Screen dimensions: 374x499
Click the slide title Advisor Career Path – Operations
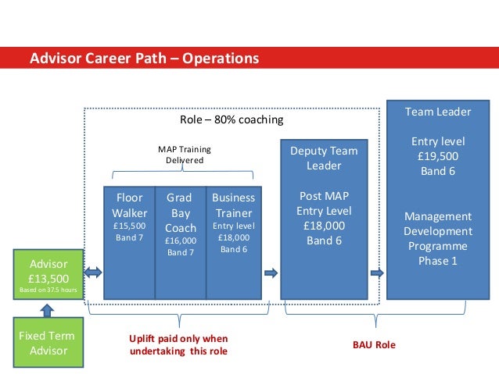pyautogui.click(x=143, y=59)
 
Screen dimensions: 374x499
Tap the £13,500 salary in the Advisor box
pyautogui.click(x=48, y=277)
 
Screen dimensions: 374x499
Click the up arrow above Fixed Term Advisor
pyautogui.click(x=48, y=310)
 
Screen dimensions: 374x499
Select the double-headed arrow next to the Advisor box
pyautogui.click(x=93, y=272)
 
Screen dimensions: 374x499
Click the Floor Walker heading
pyautogui.click(x=129, y=205)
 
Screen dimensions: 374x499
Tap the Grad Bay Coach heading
pyautogui.click(x=181, y=212)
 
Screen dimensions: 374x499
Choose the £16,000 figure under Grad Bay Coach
pyautogui.click(x=181, y=240)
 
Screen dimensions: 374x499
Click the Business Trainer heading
pyautogui.click(x=233, y=205)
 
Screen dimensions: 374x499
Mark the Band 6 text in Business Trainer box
pyautogui.click(x=233, y=249)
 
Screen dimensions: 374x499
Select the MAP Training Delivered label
pyautogui.click(x=185, y=155)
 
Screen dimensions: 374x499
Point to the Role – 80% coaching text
pyautogui.click(x=232, y=120)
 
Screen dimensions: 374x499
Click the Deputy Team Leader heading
pyautogui.click(x=324, y=159)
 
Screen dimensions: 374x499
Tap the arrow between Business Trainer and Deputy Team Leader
pyautogui.click(x=271, y=272)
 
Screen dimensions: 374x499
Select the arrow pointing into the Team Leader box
pyautogui.click(x=377, y=272)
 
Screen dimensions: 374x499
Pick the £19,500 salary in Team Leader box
pyautogui.click(x=437, y=156)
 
